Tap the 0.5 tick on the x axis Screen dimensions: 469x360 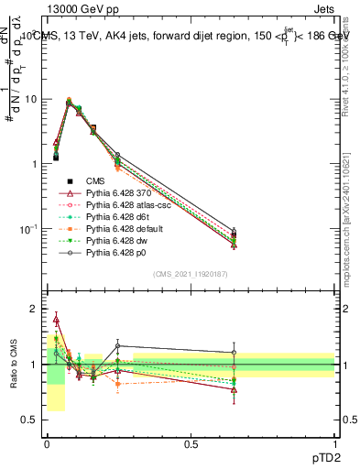point(191,444)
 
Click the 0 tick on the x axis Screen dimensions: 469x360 point(46,444)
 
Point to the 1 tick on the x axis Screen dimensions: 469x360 point(334,444)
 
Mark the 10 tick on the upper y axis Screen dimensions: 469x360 point(34,99)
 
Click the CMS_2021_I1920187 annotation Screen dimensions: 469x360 point(191,274)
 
